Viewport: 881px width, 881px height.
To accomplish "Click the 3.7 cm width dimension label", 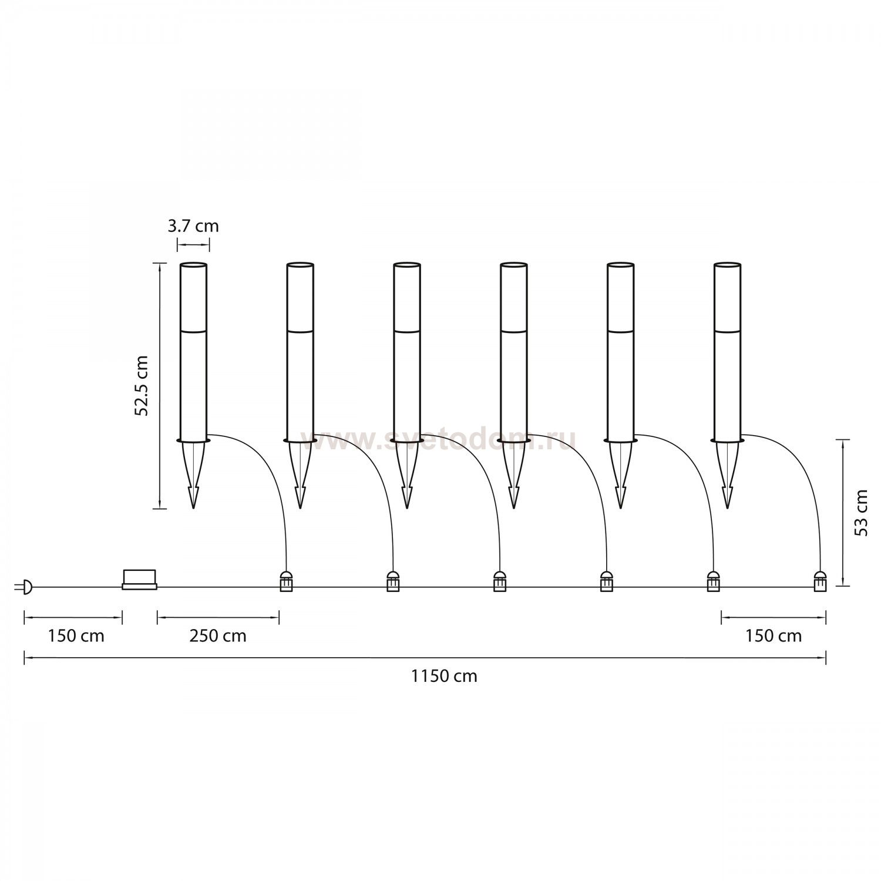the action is pyautogui.click(x=193, y=226).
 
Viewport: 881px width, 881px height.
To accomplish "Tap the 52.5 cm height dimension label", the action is pyautogui.click(x=142, y=385).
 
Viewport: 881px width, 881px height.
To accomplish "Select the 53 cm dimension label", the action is pyautogui.click(x=861, y=512).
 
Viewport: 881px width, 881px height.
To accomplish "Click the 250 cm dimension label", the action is pyautogui.click(x=217, y=635).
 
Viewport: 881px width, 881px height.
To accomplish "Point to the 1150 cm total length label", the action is pyautogui.click(x=443, y=676).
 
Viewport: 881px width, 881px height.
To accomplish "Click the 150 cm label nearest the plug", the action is pyautogui.click(x=76, y=635).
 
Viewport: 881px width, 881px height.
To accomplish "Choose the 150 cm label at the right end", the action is pyautogui.click(x=773, y=635).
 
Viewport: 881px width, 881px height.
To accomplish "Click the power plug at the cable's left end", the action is pyautogui.click(x=25, y=586).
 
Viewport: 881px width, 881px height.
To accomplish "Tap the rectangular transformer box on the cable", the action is pyautogui.click(x=140, y=579).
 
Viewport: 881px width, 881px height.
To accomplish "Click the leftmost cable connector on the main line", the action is pyautogui.click(x=286, y=581).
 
